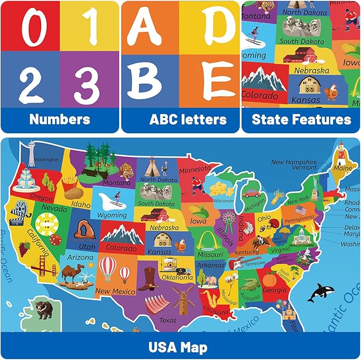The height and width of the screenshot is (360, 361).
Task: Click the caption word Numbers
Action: [60, 119]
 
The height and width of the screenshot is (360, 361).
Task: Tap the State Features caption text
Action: [301, 119]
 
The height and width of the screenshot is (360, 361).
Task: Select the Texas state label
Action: [167, 320]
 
